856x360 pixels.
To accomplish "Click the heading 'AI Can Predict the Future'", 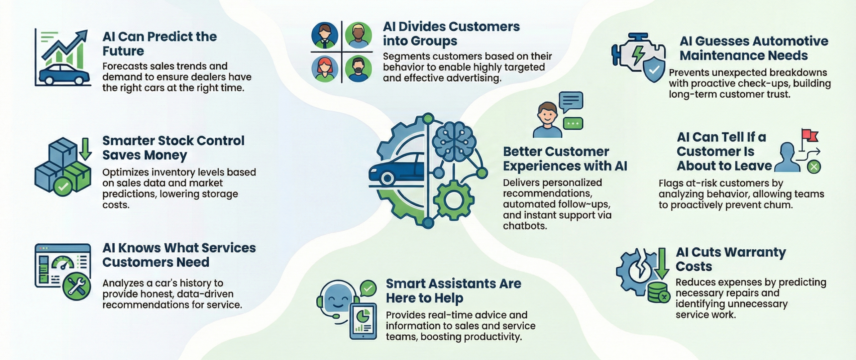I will (x=159, y=44).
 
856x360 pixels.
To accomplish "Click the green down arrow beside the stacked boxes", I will (x=86, y=148).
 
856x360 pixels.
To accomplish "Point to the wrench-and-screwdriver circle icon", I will (x=77, y=286).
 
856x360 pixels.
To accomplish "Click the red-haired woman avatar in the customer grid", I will (x=324, y=69).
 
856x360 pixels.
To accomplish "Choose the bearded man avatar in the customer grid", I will (x=358, y=69).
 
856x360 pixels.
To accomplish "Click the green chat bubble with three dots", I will (x=573, y=123).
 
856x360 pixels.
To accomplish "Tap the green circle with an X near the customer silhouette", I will (x=814, y=166).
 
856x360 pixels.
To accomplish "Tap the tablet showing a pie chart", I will (x=363, y=321).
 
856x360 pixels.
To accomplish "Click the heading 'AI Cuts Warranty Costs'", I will (x=730, y=259).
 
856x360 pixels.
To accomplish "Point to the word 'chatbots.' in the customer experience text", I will (x=525, y=226).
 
